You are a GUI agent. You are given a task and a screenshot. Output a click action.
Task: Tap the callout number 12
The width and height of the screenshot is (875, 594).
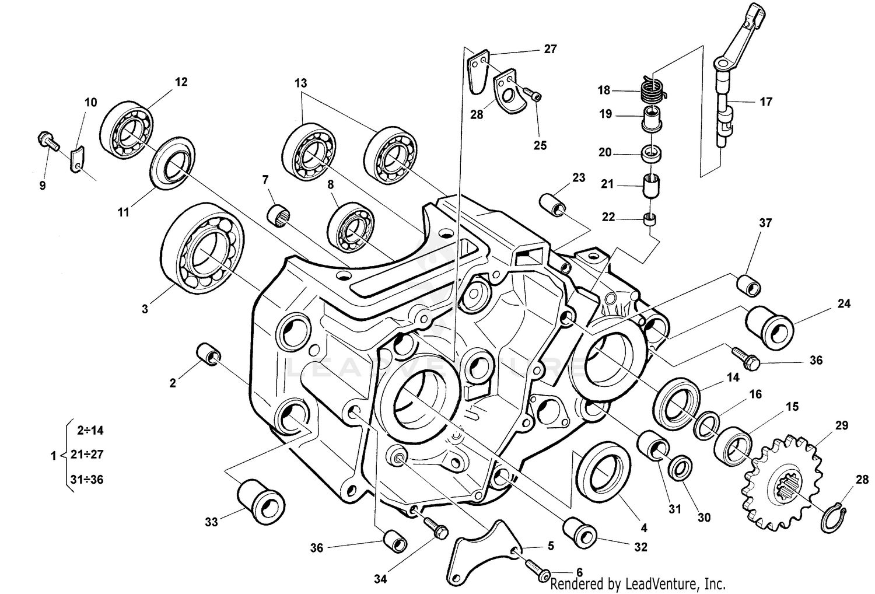click(181, 82)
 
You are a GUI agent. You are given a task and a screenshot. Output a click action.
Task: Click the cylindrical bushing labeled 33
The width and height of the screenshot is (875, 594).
click(261, 501)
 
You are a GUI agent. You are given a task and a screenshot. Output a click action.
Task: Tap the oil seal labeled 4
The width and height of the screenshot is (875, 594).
click(603, 473)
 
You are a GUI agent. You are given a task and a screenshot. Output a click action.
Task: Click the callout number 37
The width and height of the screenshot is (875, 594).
click(765, 223)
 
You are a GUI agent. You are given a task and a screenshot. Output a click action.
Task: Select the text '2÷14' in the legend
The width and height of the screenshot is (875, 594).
click(90, 431)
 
